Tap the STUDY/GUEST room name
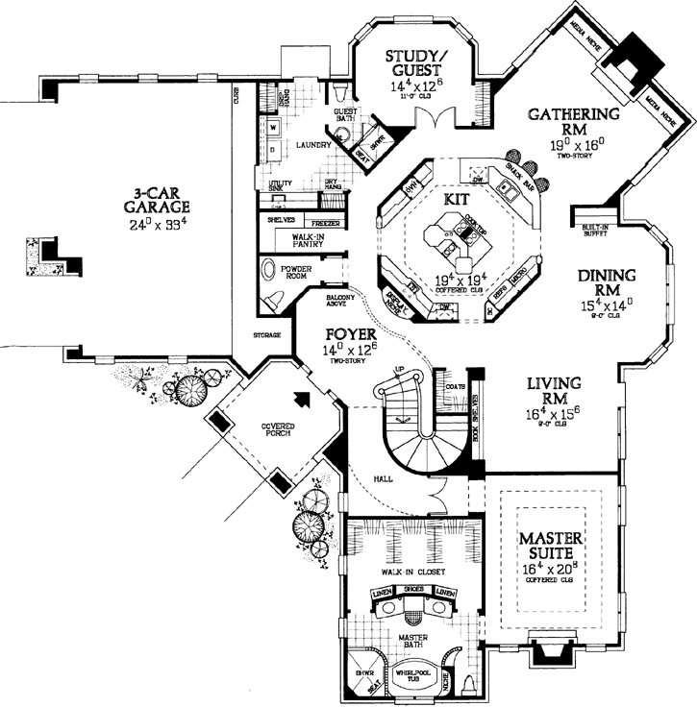point(413,61)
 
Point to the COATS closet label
point(456,388)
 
